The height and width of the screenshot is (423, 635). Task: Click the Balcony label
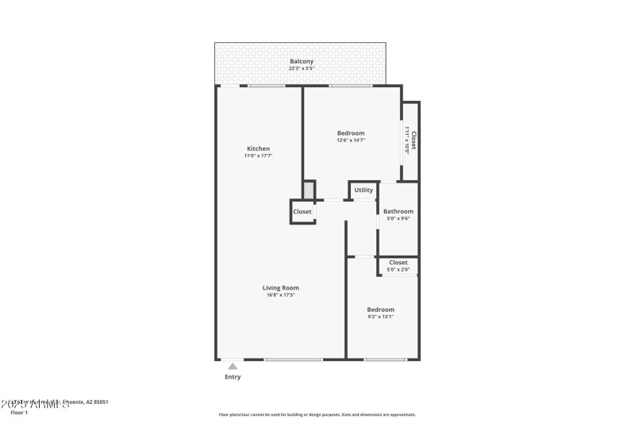pos(301,61)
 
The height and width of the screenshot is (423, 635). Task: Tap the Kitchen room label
pos(258,148)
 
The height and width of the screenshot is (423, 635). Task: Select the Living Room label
pos(281,287)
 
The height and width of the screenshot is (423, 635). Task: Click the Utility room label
pos(364,190)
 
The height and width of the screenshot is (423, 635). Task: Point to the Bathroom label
pos(398,211)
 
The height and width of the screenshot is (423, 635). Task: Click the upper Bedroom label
pos(350,133)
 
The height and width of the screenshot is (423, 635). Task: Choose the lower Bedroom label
pos(380,309)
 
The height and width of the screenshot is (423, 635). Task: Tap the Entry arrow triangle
pos(232,366)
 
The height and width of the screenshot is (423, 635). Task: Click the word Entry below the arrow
pos(232,377)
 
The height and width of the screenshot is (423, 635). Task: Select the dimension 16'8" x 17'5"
pos(281,295)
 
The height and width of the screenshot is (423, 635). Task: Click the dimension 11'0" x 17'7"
pos(258,156)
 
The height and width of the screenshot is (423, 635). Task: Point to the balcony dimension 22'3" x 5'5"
pos(301,68)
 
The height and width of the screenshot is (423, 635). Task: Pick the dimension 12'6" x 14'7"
pos(350,140)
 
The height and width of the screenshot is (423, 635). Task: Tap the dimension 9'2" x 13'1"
pos(380,317)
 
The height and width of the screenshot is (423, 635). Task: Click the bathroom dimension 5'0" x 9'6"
pos(398,218)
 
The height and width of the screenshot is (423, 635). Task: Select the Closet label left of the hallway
pos(302,212)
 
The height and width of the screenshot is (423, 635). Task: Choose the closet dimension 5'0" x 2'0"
pos(398,270)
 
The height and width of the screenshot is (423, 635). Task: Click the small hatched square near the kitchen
pos(308,190)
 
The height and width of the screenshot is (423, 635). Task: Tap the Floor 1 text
pos(19,413)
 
